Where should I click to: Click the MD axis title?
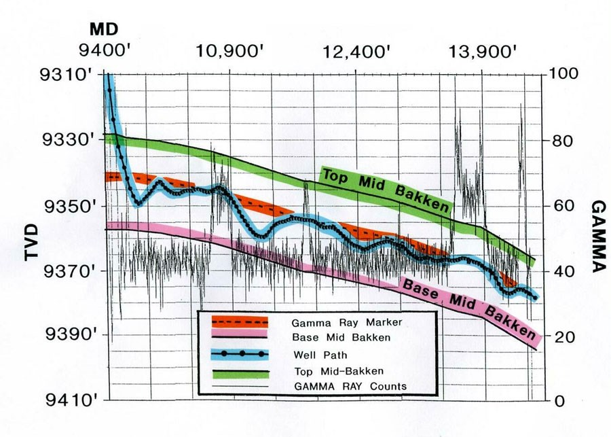103,30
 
